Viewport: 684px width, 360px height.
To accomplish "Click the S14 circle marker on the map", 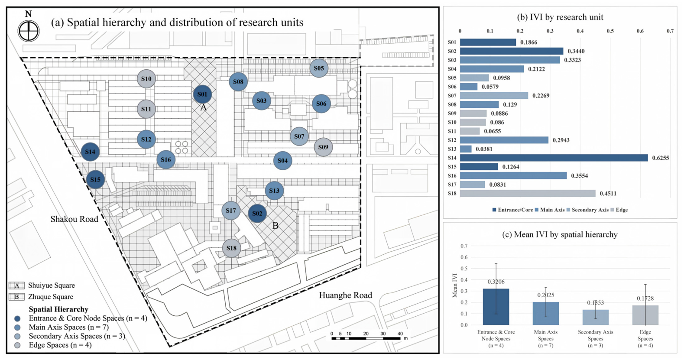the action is (90, 152).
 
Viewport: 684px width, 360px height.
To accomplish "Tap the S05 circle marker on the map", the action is (319, 68).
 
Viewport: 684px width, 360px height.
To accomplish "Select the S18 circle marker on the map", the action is (231, 248).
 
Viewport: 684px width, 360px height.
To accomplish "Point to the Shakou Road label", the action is (74, 219).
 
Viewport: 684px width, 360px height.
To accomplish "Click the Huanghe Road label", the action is (345, 295).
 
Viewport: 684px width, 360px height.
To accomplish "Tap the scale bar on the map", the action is (366, 338).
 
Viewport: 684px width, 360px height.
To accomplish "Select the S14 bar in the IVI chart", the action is (554, 158).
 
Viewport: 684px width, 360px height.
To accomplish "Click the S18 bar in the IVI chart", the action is (528, 193).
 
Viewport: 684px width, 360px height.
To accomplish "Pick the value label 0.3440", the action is (576, 51).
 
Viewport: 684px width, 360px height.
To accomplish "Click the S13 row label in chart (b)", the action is (452, 149).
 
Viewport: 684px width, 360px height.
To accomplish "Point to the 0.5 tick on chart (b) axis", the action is (610, 31).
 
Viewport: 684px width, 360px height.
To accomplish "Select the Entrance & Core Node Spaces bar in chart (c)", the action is (496, 307).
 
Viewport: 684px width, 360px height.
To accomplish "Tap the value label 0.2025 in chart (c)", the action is (546, 295).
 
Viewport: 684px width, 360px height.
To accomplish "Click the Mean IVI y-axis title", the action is (455, 285).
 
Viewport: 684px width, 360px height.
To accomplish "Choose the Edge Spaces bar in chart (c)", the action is (645, 315).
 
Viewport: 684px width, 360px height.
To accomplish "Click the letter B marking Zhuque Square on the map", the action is (275, 226).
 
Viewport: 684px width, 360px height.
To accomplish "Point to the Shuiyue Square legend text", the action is (51, 285).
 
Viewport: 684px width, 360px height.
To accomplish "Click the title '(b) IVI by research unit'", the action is (560, 17).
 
